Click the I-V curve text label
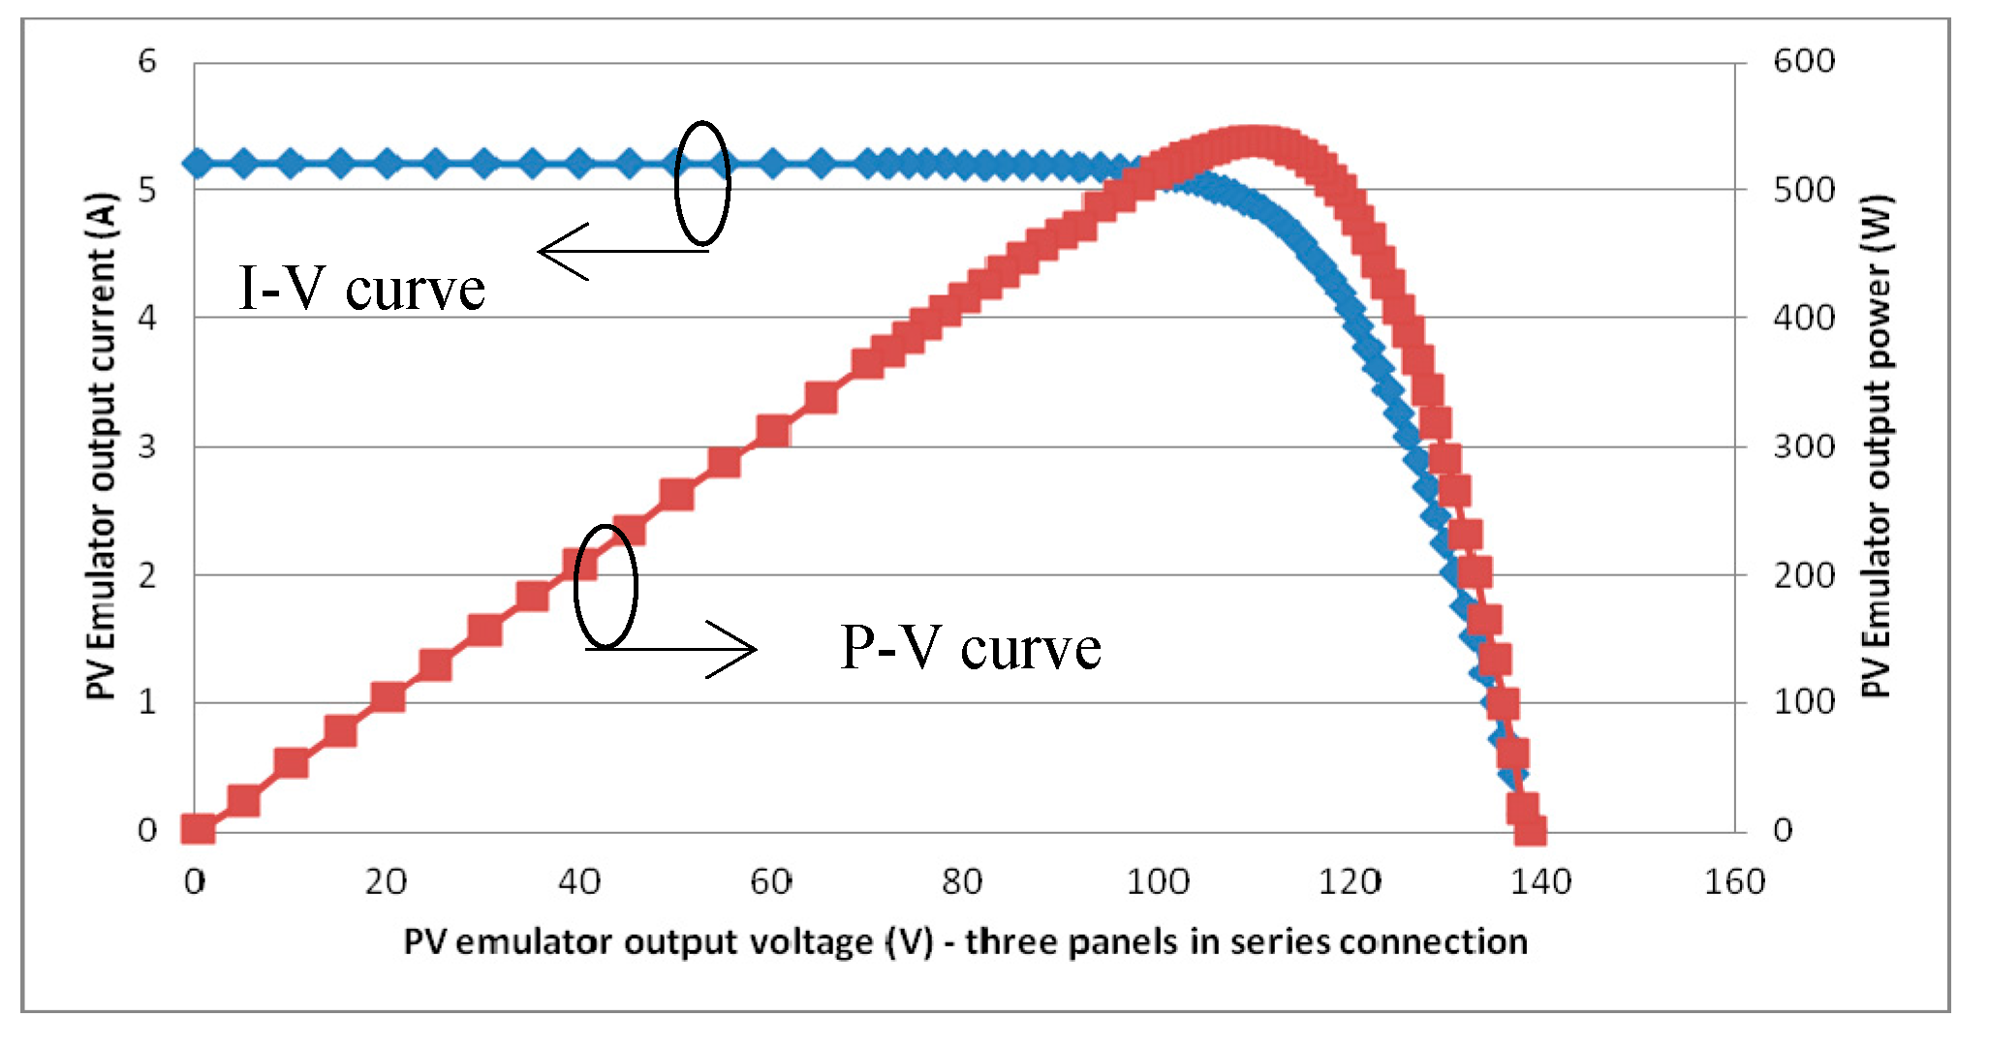pyautogui.click(x=361, y=289)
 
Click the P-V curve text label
pyautogui.click(x=971, y=647)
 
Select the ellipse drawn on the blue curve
pyautogui.click(x=701, y=183)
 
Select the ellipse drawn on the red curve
pyautogui.click(x=606, y=586)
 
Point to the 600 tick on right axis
pyautogui.click(x=1803, y=61)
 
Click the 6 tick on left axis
pyautogui.click(x=147, y=61)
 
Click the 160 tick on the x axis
pyautogui.click(x=1733, y=881)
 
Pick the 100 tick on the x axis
pyautogui.click(x=1157, y=881)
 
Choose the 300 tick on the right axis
pyautogui.click(x=1803, y=447)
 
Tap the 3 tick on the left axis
pyautogui.click(x=147, y=447)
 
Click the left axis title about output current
pyautogui.click(x=101, y=446)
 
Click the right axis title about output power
pyautogui.click(x=1877, y=446)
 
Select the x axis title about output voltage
pyautogui.click(x=965, y=941)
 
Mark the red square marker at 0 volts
pyautogui.click(x=198, y=829)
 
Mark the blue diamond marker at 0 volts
pyautogui.click(x=198, y=163)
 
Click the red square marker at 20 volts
pyautogui.click(x=388, y=697)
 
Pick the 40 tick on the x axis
pyautogui.click(x=579, y=881)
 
